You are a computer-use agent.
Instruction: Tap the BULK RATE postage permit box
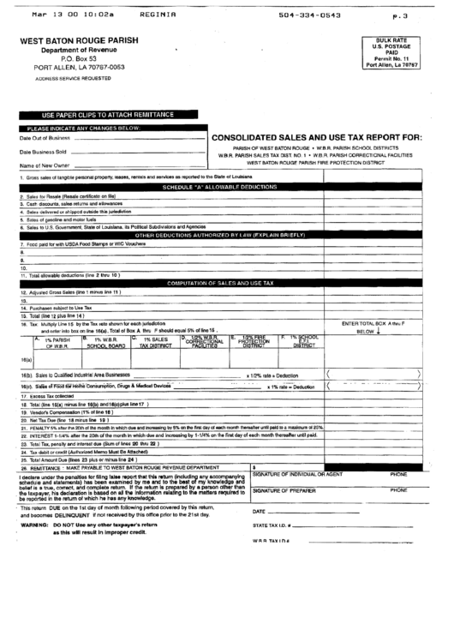[391, 51]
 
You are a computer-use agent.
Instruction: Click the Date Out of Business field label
[45, 137]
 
